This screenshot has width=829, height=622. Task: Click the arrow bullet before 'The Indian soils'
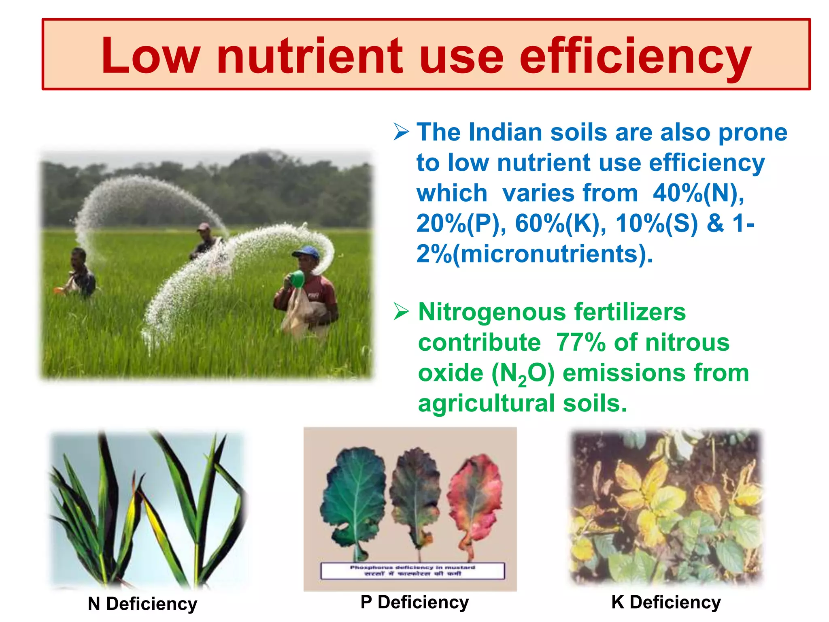(x=401, y=132)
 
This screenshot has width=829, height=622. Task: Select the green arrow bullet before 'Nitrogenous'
(x=401, y=312)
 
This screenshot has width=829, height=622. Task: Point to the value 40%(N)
(x=698, y=193)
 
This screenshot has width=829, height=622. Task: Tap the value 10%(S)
(x=657, y=224)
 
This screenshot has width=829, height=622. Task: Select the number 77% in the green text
(x=580, y=343)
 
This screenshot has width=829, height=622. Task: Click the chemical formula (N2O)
(x=523, y=373)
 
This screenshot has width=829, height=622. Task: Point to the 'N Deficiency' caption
(x=142, y=604)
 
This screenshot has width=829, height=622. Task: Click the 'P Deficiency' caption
(x=414, y=602)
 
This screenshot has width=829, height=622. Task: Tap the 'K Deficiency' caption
(x=666, y=602)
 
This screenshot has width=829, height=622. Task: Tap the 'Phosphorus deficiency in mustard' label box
(x=412, y=571)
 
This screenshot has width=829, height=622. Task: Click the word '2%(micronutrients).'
(x=534, y=254)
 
